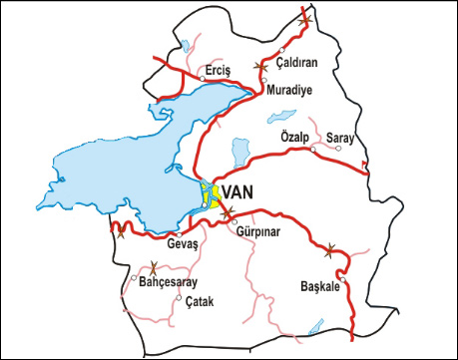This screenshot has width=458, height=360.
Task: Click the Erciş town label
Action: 217,70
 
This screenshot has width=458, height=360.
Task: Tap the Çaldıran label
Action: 296,62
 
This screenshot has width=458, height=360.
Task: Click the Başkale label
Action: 320,286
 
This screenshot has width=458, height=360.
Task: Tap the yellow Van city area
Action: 209,195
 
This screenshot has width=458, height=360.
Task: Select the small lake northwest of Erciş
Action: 186,46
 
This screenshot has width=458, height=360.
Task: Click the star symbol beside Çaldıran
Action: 260,66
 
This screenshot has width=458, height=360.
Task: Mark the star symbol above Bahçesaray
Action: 153,266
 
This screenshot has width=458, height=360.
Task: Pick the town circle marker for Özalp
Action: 312,150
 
